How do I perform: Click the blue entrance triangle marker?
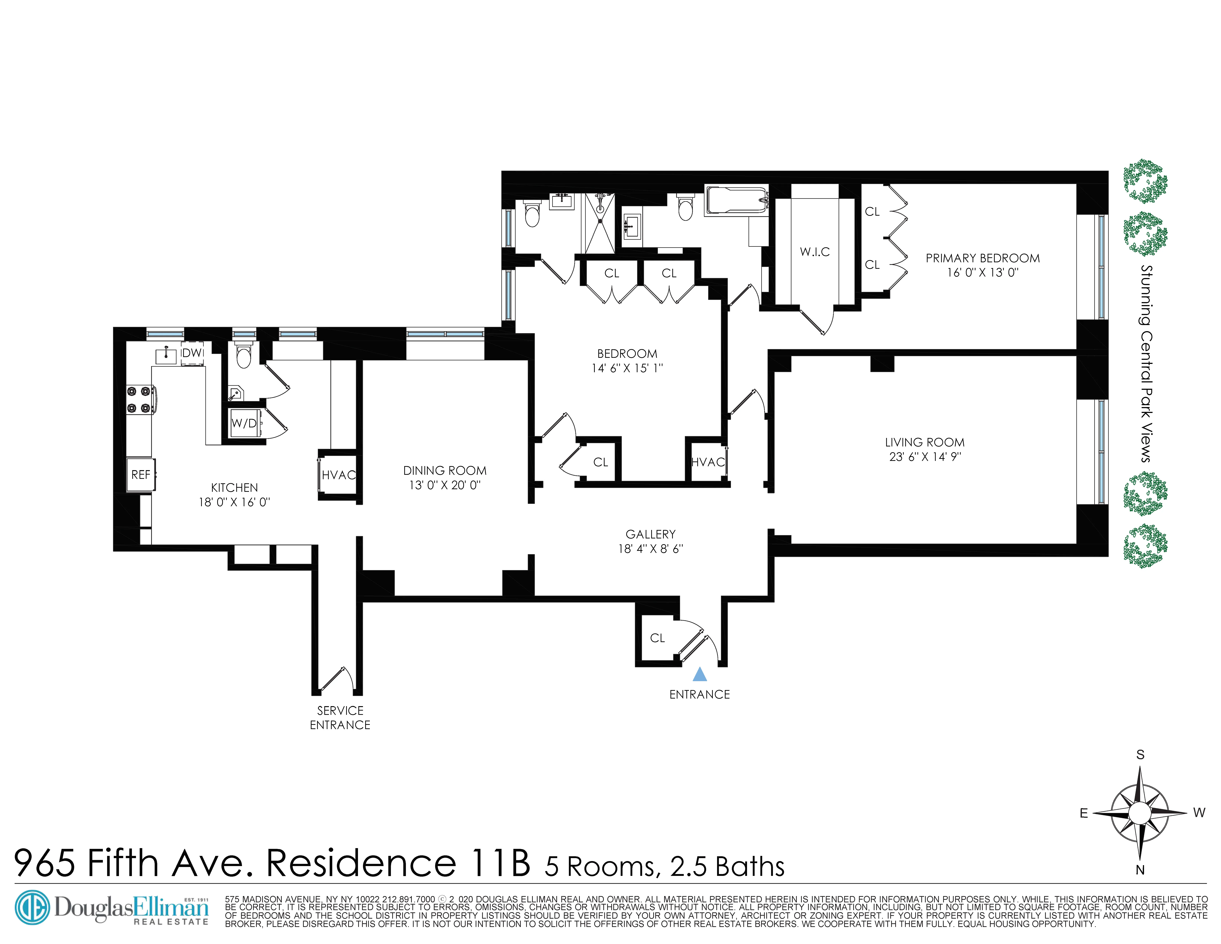pos(699,675)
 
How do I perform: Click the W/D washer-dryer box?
pos(244,423)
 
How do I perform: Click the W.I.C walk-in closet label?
pos(815,252)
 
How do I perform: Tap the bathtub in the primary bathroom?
pos(736,201)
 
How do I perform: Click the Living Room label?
pos(925,442)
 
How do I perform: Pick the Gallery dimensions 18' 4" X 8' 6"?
pos(650,549)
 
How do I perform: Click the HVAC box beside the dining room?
pos(338,475)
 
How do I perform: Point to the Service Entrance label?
pos(340,717)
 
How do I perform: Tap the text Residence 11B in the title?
pos(398,863)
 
